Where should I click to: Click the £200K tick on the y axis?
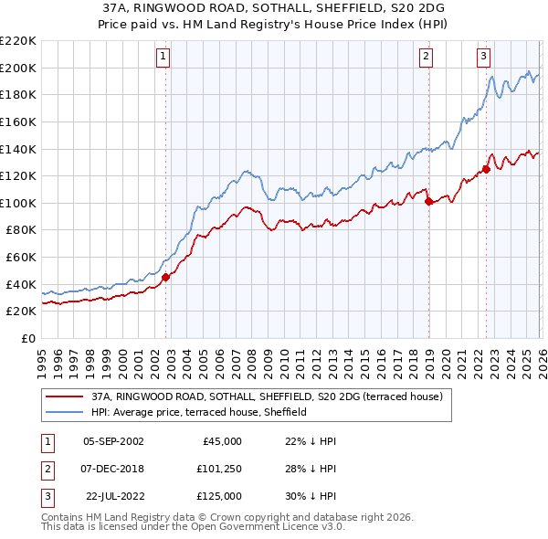click(18, 68)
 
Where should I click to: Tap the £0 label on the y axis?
click(28, 339)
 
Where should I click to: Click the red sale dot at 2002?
click(165, 278)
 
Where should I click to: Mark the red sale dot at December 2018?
click(428, 202)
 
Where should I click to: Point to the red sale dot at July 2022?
click(486, 169)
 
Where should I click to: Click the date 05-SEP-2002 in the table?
click(113, 440)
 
